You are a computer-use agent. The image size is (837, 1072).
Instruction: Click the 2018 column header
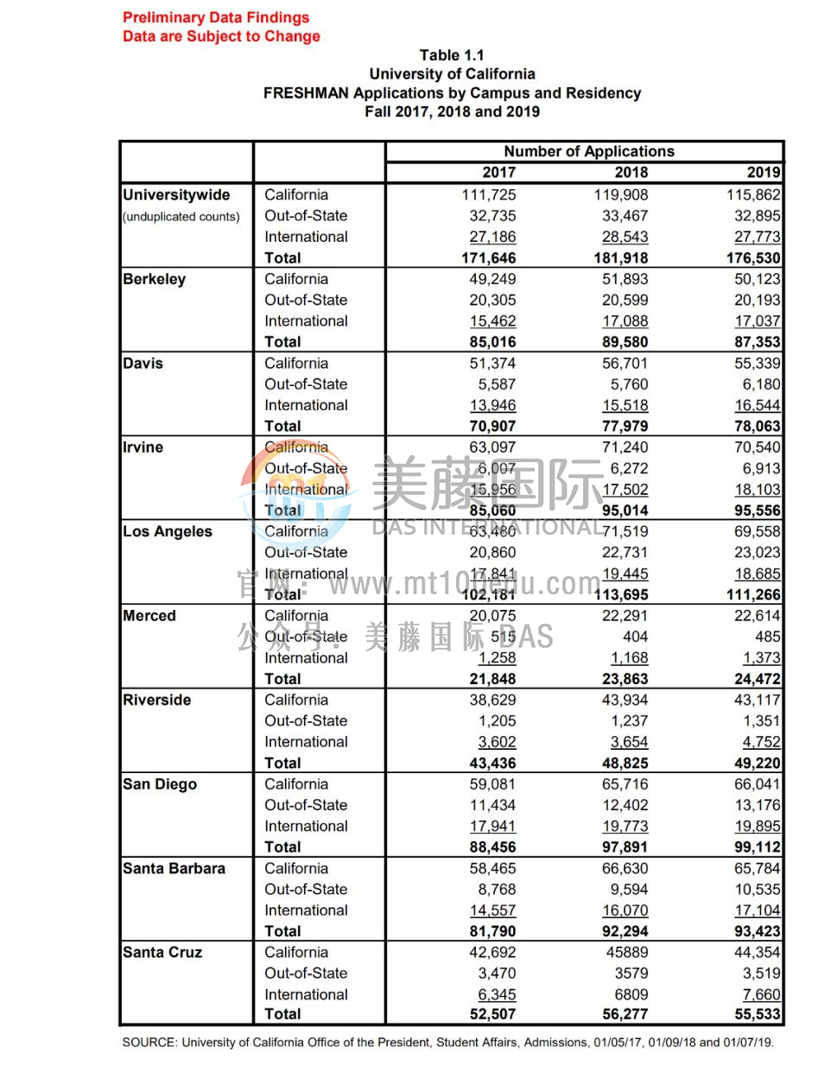pyautogui.click(x=631, y=173)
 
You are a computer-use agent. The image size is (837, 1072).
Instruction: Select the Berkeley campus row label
pyautogui.click(x=155, y=279)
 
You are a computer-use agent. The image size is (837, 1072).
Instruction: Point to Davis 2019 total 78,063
pyautogui.click(x=757, y=426)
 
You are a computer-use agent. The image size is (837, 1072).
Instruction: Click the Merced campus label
pyautogui.click(x=149, y=616)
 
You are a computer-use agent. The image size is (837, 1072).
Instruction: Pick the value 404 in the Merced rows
pyautogui.click(x=635, y=637)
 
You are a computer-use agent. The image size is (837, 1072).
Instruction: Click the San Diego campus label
pyautogui.click(x=160, y=784)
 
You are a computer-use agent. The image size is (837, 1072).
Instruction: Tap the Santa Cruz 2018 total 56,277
pyautogui.click(x=625, y=1014)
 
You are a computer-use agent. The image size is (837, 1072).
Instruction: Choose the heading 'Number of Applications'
pyautogui.click(x=589, y=151)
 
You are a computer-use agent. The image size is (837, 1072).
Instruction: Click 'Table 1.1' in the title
pyautogui.click(x=452, y=55)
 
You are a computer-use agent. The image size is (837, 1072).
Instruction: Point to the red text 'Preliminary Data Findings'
pyautogui.click(x=216, y=17)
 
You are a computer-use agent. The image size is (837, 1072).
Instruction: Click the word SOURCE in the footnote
pyautogui.click(x=149, y=1043)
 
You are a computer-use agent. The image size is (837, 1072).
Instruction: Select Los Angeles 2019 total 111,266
pyautogui.click(x=753, y=594)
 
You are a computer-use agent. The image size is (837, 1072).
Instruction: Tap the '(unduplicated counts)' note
pyautogui.click(x=181, y=217)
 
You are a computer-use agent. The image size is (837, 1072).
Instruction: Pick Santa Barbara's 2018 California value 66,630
pyautogui.click(x=625, y=868)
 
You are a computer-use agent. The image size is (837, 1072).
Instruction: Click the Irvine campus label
pyautogui.click(x=143, y=447)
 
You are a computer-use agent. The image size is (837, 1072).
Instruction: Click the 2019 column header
pyautogui.click(x=764, y=173)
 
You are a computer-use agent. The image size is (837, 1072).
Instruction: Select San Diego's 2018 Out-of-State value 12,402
pyautogui.click(x=625, y=805)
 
